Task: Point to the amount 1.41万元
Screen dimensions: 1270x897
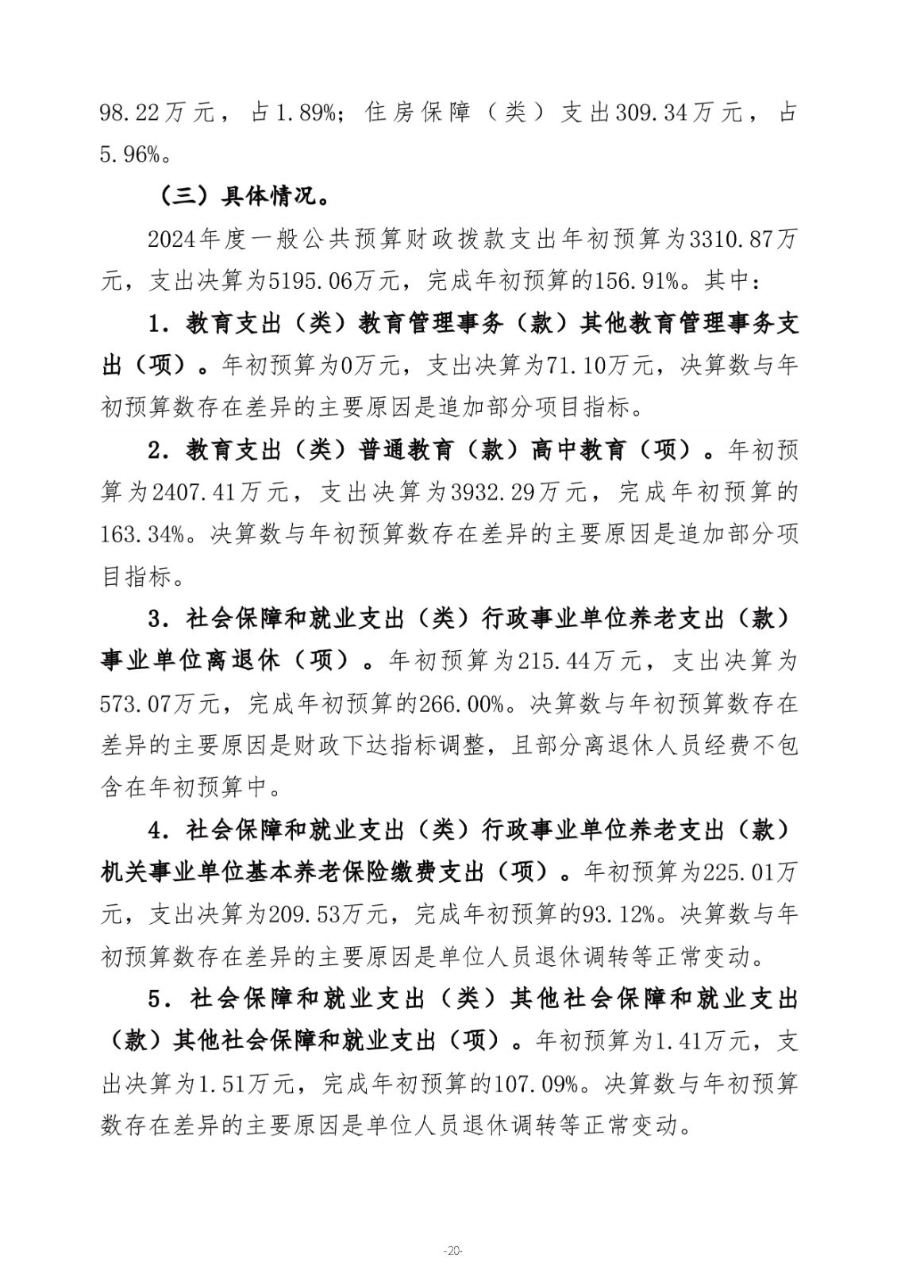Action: [x=699, y=1041]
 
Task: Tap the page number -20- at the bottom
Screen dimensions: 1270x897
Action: [x=451, y=1252]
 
